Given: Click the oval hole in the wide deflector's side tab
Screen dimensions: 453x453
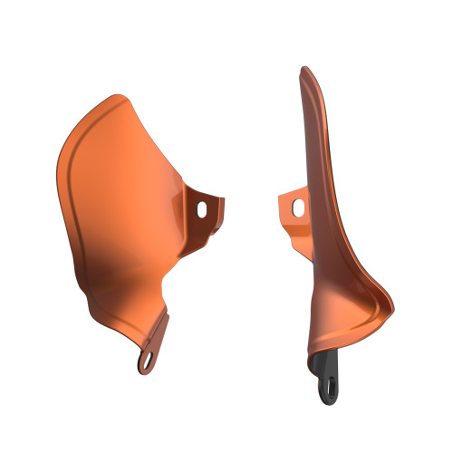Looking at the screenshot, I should pos(201,209).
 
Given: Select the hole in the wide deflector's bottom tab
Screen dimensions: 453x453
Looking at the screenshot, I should pos(146,360).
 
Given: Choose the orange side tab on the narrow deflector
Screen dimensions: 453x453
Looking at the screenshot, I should pos(292,206).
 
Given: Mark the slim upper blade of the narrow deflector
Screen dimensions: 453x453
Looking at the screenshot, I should pos(312,145).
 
